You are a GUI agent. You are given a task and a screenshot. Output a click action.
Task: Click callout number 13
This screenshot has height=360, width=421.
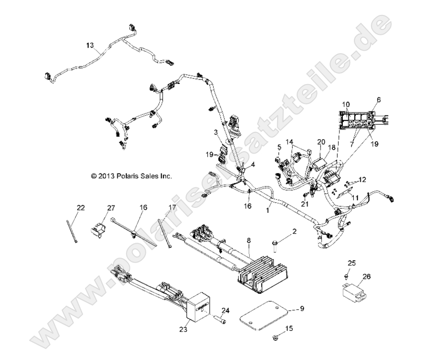[x=89, y=45]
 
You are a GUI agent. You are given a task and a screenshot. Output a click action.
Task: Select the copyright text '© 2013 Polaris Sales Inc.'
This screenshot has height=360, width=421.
[x=129, y=176]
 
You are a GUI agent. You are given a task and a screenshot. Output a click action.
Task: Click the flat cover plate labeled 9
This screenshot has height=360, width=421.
[x=264, y=317]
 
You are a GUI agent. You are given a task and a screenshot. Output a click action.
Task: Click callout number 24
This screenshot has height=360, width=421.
[x=225, y=311]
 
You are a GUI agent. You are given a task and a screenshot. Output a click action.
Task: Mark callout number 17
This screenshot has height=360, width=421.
[x=158, y=206]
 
